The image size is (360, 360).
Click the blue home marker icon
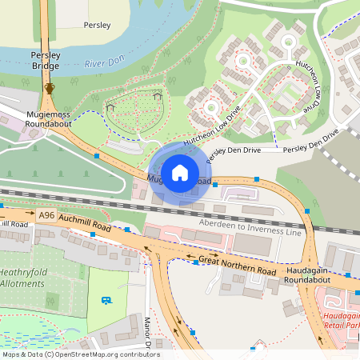pos(180,172)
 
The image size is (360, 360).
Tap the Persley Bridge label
pos(45,62)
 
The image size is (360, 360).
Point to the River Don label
pos(106,62)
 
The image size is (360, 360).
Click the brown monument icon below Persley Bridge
pos(50,88)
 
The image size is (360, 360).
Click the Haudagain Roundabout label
pos(315,277)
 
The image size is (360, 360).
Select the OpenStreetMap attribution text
pos(80,354)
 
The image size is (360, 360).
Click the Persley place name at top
pos(97,26)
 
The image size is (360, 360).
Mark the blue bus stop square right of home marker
pos(215,185)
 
